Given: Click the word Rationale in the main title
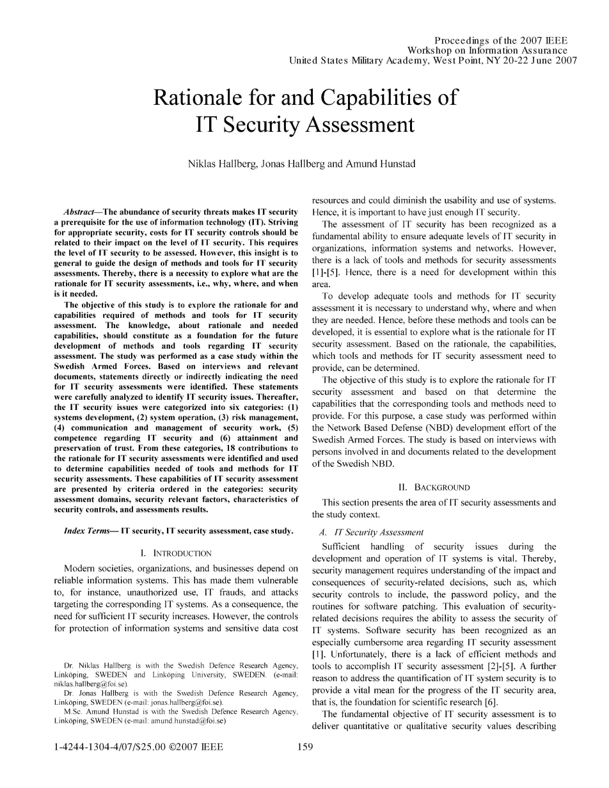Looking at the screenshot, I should point(199,98).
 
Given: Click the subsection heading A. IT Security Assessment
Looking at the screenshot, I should point(370,532).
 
